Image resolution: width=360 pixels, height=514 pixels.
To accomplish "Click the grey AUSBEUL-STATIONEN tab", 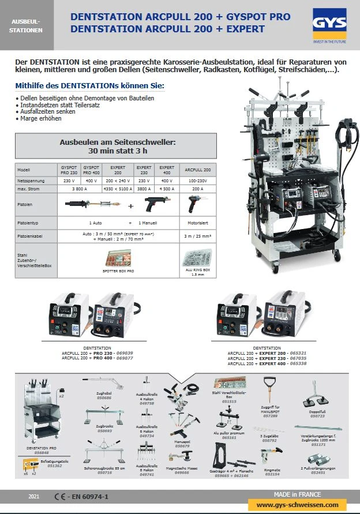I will pyautogui.click(x=27, y=25).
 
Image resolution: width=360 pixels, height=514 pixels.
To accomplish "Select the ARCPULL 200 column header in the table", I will pyautogui.click(x=197, y=170).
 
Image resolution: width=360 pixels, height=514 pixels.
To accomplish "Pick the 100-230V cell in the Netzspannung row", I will pyautogui.click(x=197, y=180).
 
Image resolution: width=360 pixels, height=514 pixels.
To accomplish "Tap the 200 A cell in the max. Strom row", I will pyautogui.click(x=197, y=189).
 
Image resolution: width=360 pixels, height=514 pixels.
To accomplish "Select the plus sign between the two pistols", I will pyautogui.click(x=130, y=205).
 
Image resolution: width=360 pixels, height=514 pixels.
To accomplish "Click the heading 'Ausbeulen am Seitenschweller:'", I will pyautogui.click(x=117, y=142).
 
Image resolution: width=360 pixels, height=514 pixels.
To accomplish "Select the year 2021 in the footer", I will pyautogui.click(x=34, y=496).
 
